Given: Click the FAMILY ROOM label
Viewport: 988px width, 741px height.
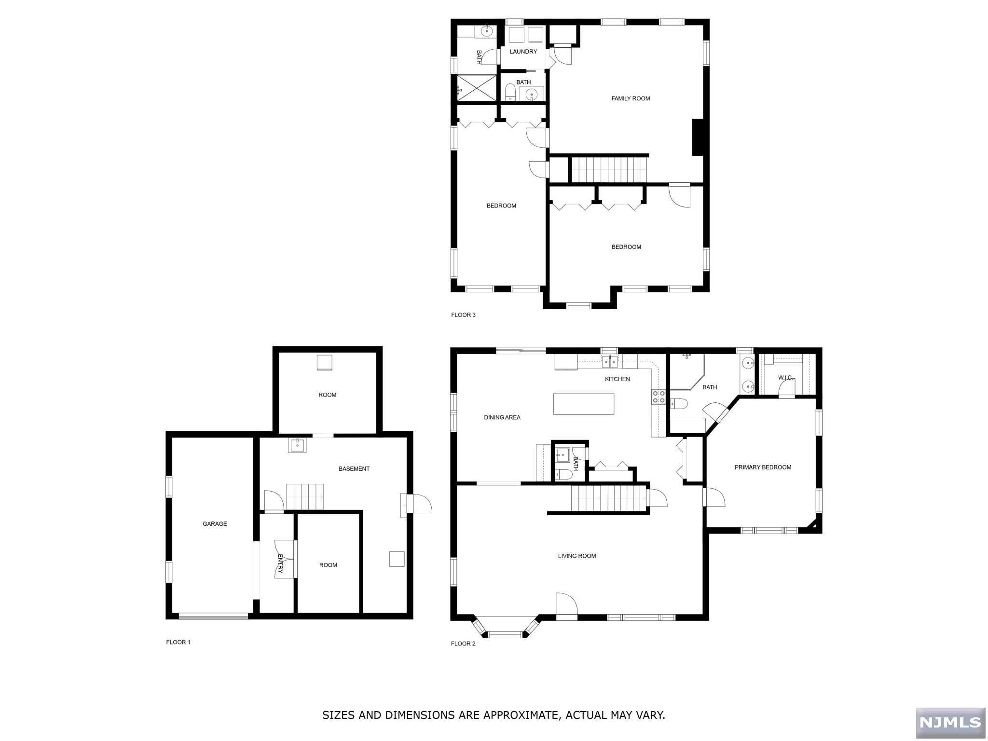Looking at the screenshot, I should point(631,98).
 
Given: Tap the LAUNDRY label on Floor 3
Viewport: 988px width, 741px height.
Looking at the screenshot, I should point(523,52).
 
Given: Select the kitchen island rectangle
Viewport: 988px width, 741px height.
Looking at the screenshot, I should point(583,404).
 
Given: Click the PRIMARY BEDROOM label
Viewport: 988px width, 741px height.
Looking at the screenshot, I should point(762,467).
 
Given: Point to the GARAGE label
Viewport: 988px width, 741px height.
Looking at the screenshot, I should point(215,523).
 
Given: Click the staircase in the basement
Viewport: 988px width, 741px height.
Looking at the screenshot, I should point(304,496).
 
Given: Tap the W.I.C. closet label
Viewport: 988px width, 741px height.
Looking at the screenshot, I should point(785,378).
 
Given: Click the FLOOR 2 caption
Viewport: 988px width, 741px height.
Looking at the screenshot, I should point(463,644).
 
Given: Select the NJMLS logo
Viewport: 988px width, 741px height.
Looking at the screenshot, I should point(950,722).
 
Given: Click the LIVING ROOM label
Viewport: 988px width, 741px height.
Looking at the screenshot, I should point(576,556).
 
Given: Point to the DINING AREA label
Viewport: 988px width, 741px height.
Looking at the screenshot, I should point(502,417).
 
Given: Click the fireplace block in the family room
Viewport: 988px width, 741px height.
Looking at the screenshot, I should point(697,137).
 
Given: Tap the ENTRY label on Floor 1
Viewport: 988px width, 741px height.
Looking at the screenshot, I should point(280,563).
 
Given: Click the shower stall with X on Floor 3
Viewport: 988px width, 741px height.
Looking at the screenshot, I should point(477,88).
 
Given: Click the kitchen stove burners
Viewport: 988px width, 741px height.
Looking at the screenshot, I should point(659,397).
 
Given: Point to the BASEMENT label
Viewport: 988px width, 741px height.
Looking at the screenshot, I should point(354,468).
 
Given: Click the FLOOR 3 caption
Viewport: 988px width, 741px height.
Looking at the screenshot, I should point(463,315).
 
